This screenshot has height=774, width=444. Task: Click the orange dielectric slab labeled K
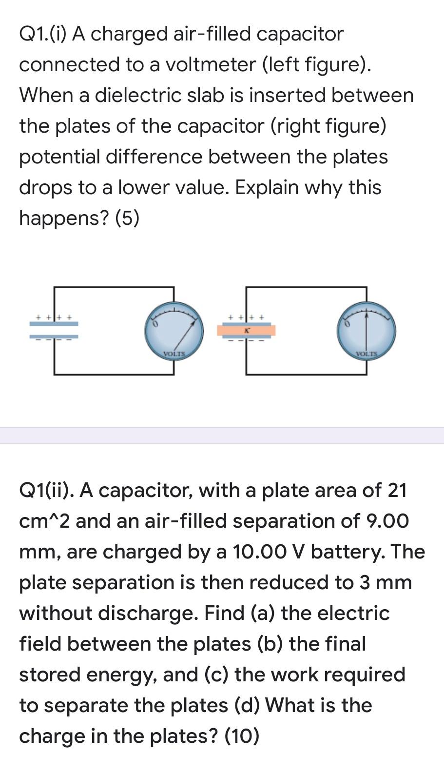click(246, 331)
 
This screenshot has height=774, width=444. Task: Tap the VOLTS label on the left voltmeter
click(174, 353)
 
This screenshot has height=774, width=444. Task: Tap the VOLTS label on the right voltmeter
click(367, 353)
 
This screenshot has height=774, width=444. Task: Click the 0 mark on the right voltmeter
click(347, 324)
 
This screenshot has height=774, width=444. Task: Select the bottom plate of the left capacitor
click(54, 336)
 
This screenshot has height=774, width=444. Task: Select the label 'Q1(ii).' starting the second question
click(46, 490)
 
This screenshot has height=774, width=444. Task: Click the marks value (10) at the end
click(242, 736)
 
